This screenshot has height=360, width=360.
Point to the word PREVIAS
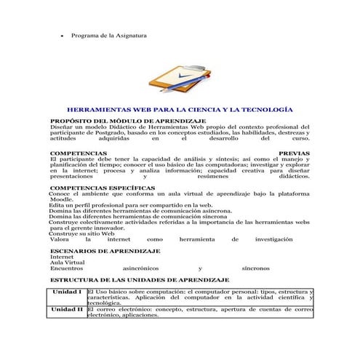(294, 154)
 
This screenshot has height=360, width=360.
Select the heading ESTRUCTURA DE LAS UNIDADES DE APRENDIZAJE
(139, 279)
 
